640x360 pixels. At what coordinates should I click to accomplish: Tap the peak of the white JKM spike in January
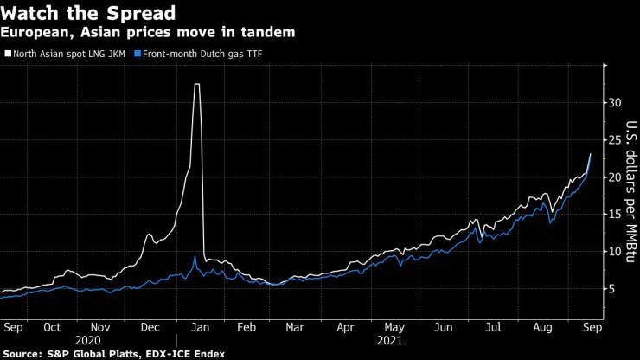coord(197,85)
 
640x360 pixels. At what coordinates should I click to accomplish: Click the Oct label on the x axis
coord(53,328)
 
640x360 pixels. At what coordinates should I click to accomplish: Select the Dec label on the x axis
coord(150,328)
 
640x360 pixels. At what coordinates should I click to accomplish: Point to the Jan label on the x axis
coord(199,328)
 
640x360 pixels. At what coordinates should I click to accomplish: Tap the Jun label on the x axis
coord(444,328)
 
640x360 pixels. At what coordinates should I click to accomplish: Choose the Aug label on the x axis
coord(543,328)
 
